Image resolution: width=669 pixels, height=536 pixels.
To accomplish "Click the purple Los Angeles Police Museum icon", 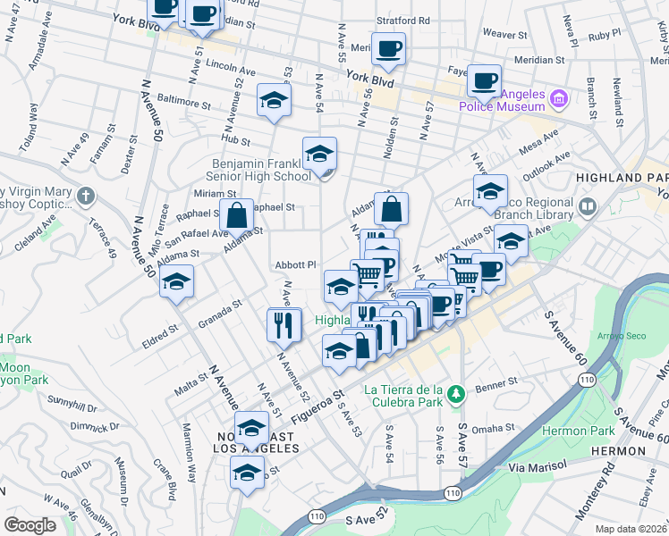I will click(559, 96).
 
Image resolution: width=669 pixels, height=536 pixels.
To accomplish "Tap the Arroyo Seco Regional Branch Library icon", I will click(588, 208).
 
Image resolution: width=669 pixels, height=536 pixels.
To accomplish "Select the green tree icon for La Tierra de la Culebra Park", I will click(456, 393).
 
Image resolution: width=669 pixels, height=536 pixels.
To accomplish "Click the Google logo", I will click(31, 524).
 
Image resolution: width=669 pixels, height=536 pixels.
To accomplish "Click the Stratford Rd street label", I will click(403, 20).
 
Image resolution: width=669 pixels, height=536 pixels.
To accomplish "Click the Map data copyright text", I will click(631, 528).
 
